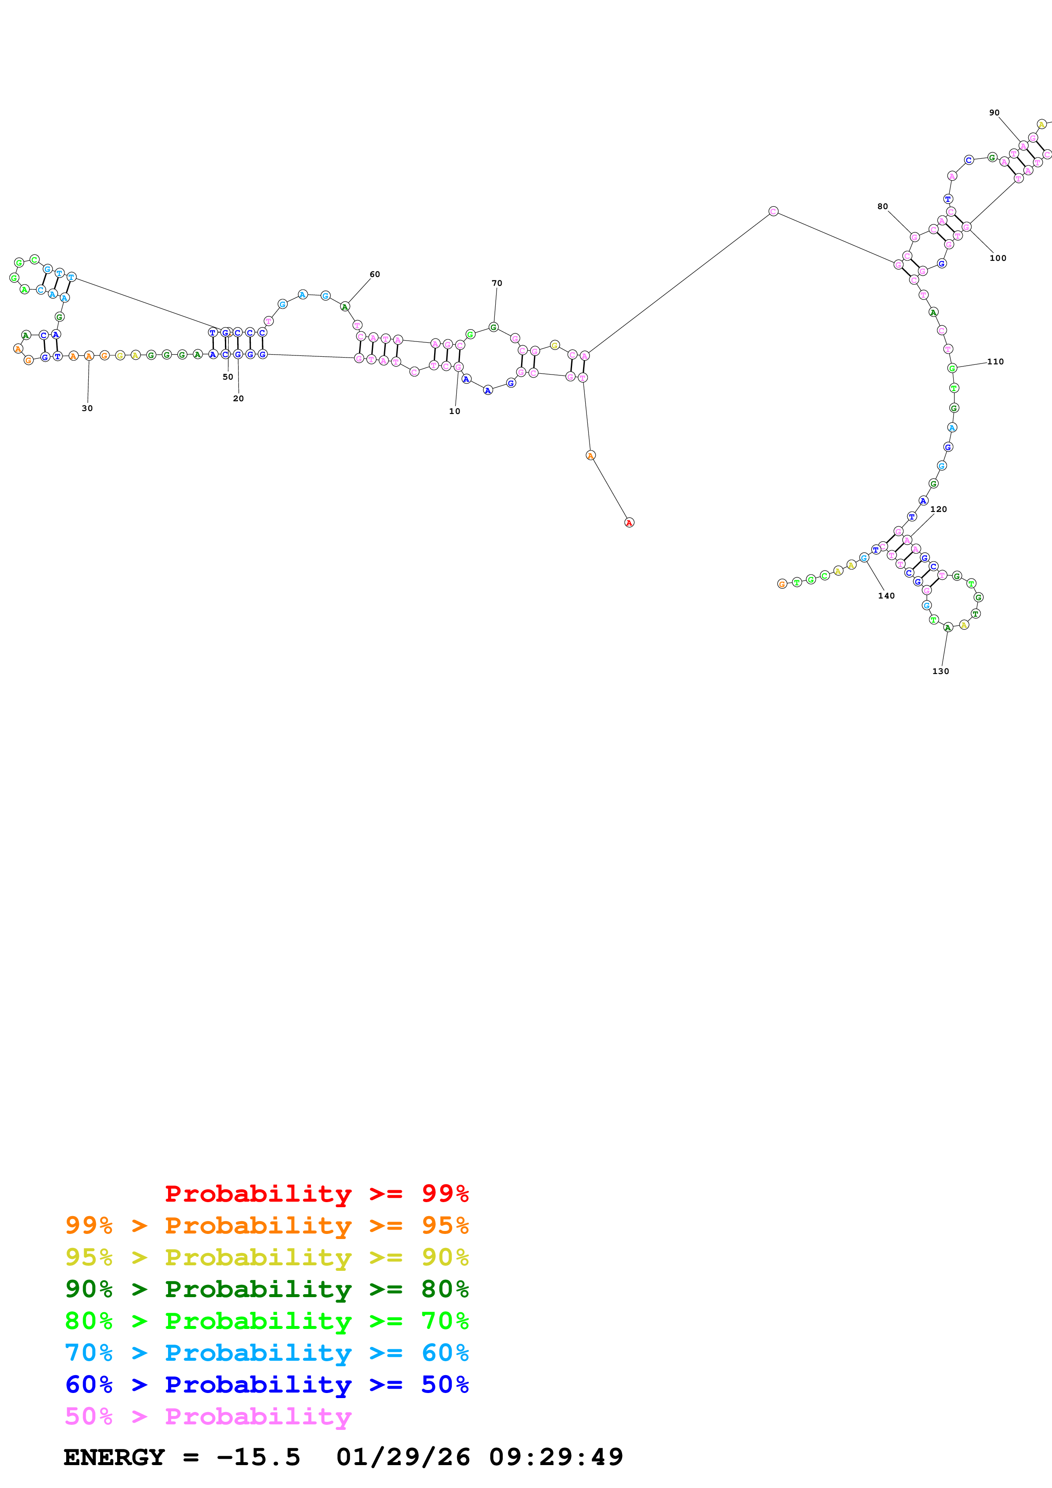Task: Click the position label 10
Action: (454, 411)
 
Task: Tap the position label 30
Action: (87, 408)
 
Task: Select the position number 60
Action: (375, 274)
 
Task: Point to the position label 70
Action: (497, 283)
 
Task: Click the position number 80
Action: (882, 207)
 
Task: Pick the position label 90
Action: (994, 113)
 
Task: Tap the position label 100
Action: (998, 258)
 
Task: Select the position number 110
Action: (995, 362)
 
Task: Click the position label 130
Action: (940, 671)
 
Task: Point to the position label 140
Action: (886, 596)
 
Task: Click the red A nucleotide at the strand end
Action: (629, 522)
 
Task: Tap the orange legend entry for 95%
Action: (267, 1225)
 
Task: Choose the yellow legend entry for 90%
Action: (267, 1257)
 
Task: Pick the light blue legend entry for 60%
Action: (267, 1353)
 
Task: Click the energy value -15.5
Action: (258, 1457)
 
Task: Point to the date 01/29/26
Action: (403, 1457)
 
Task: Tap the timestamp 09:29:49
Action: (555, 1457)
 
